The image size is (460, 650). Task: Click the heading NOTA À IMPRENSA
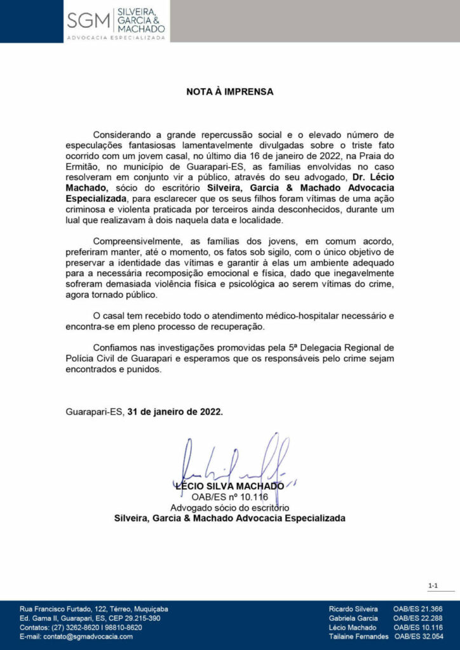click(229, 91)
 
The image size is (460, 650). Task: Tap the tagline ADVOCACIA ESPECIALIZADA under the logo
click(116, 38)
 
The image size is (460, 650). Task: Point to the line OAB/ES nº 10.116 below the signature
click(229, 497)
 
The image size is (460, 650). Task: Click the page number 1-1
click(433, 586)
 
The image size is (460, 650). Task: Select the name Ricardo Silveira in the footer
click(353, 609)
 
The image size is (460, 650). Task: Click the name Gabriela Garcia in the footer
click(353, 618)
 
